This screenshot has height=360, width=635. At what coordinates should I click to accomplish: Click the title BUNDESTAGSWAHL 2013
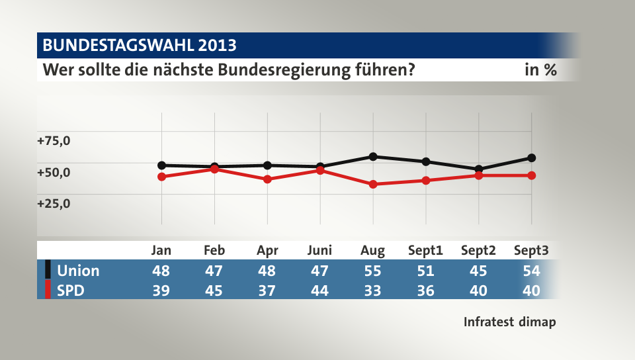click(139, 46)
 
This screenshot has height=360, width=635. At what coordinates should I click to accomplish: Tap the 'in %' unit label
click(540, 69)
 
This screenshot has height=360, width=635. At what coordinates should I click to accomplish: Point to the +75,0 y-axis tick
click(54, 141)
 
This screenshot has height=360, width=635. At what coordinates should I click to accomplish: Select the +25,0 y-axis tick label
click(54, 203)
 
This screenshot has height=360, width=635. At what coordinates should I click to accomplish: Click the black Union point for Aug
click(373, 157)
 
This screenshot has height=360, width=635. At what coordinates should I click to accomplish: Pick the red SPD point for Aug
click(373, 184)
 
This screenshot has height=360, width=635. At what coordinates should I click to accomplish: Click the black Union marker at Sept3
click(532, 158)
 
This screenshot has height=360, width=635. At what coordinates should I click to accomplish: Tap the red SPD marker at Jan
click(161, 177)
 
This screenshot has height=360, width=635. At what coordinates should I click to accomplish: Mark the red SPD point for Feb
click(214, 169)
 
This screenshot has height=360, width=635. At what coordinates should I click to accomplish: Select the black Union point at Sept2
click(479, 169)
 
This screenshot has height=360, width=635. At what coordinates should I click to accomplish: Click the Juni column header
click(320, 250)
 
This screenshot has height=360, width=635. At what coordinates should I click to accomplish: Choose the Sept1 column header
click(426, 250)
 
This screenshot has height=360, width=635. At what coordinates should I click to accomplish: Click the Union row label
click(78, 270)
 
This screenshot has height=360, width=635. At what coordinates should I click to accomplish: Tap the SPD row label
click(71, 290)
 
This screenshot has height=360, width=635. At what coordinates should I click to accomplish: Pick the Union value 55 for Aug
click(373, 270)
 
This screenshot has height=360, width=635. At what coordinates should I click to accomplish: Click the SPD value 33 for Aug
click(373, 290)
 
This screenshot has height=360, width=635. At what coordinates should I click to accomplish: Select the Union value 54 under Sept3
click(532, 270)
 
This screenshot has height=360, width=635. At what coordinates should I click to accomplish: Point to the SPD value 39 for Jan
click(161, 290)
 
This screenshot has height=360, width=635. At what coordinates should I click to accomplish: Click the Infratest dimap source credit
click(509, 322)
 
